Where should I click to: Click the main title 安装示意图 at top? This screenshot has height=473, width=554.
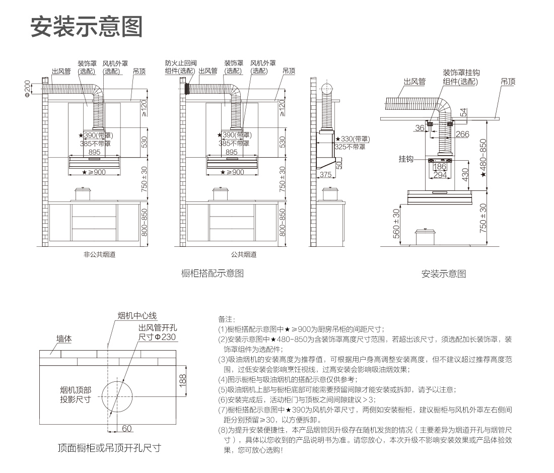86,26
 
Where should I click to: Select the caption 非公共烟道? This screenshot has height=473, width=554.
99,254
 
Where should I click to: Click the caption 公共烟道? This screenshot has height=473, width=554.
244,254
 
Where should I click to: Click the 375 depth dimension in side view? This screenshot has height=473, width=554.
325,175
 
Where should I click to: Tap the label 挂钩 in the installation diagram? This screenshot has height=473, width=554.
406,159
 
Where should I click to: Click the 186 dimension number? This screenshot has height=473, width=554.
440,167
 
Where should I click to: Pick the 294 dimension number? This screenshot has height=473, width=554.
440,175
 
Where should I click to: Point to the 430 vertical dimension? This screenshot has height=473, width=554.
465,174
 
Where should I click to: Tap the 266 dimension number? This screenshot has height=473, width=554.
462,134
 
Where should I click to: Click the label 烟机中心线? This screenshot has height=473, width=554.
137,316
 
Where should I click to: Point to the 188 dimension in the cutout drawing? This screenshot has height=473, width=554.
183,379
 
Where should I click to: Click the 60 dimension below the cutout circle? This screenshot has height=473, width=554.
126,429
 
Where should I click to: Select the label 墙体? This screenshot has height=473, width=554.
64,340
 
